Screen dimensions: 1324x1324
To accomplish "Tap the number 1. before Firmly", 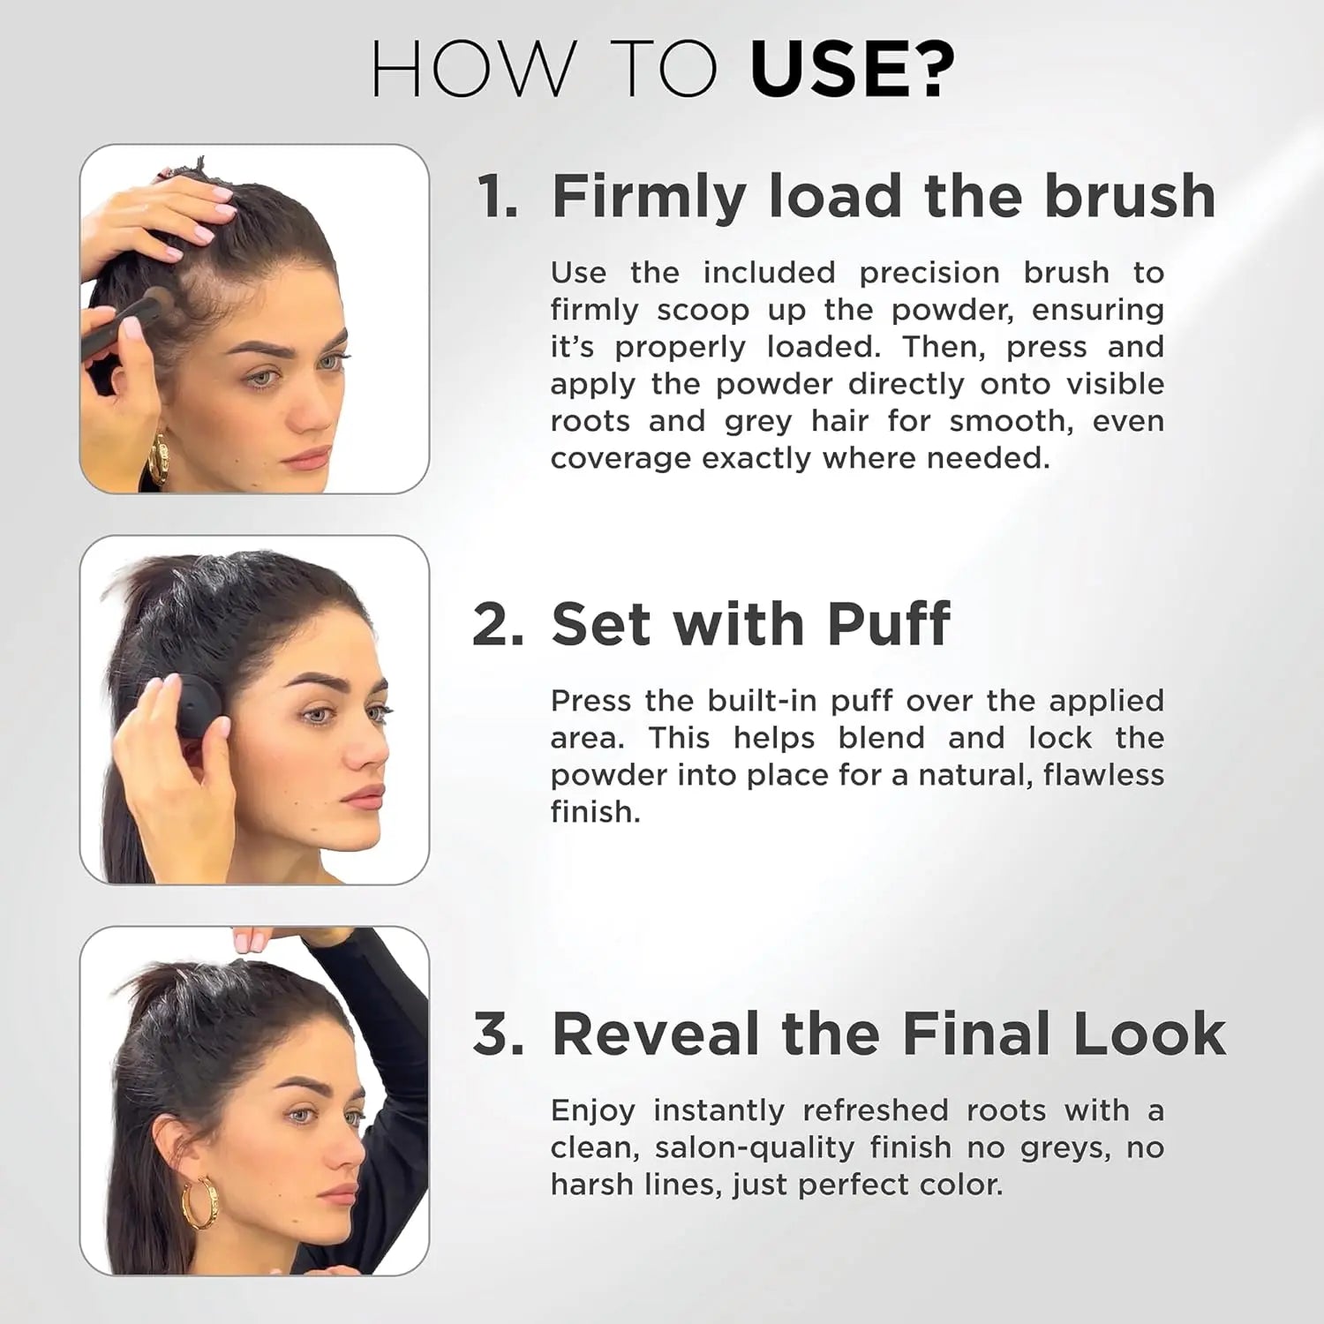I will coord(497,196).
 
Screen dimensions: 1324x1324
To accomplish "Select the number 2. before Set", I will coord(498,625).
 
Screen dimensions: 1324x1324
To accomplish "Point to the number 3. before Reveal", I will coord(498,1034).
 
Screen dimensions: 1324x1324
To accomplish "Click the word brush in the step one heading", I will coord(1130,196).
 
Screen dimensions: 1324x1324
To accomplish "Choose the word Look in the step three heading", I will coord(1149,1034).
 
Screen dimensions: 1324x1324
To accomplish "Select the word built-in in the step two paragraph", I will coord(764,701).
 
